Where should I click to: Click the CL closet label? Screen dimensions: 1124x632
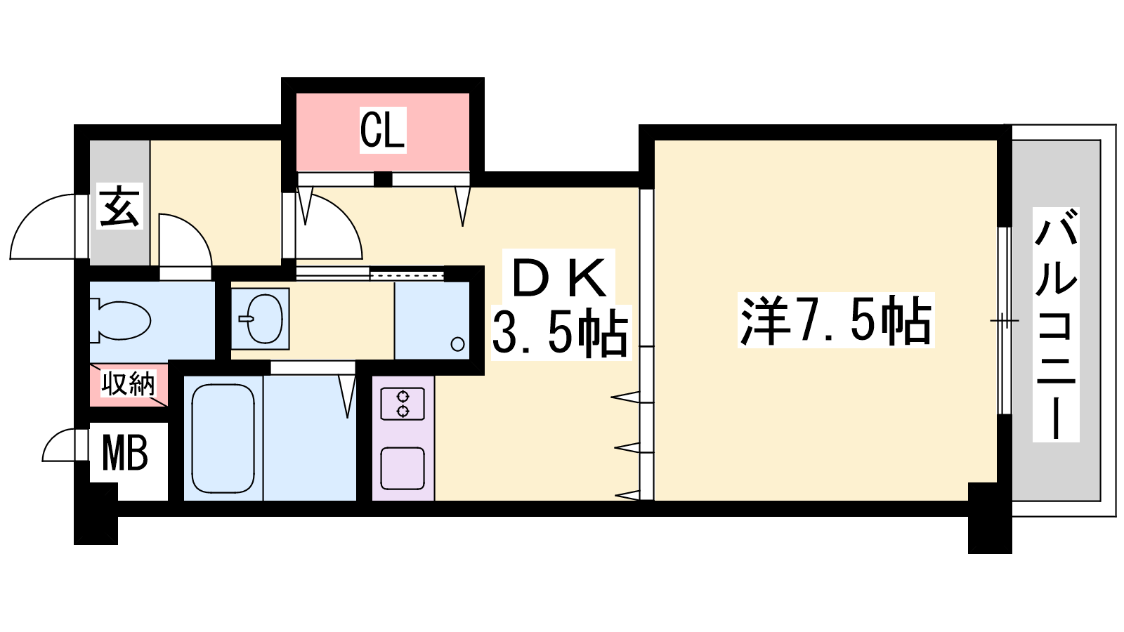tap(382, 130)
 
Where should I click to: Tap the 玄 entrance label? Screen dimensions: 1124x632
tap(119, 206)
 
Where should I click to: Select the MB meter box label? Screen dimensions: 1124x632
tap(124, 453)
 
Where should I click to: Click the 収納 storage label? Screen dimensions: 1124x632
tap(129, 383)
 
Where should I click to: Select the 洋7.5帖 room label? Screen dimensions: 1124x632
tap(836, 320)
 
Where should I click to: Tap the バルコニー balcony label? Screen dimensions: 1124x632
tap(1056, 324)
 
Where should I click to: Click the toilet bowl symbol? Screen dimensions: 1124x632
tap(120, 320)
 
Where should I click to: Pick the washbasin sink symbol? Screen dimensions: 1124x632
tap(261, 319)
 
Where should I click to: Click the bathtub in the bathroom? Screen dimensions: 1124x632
tap(222, 439)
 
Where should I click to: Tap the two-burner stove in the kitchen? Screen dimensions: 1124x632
tap(403, 404)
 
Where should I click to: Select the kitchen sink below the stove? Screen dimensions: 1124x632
tap(403, 468)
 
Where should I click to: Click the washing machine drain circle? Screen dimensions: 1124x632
tap(457, 344)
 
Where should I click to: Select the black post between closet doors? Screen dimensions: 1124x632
tap(384, 179)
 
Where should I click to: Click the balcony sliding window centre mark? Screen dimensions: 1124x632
tap(1005, 320)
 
